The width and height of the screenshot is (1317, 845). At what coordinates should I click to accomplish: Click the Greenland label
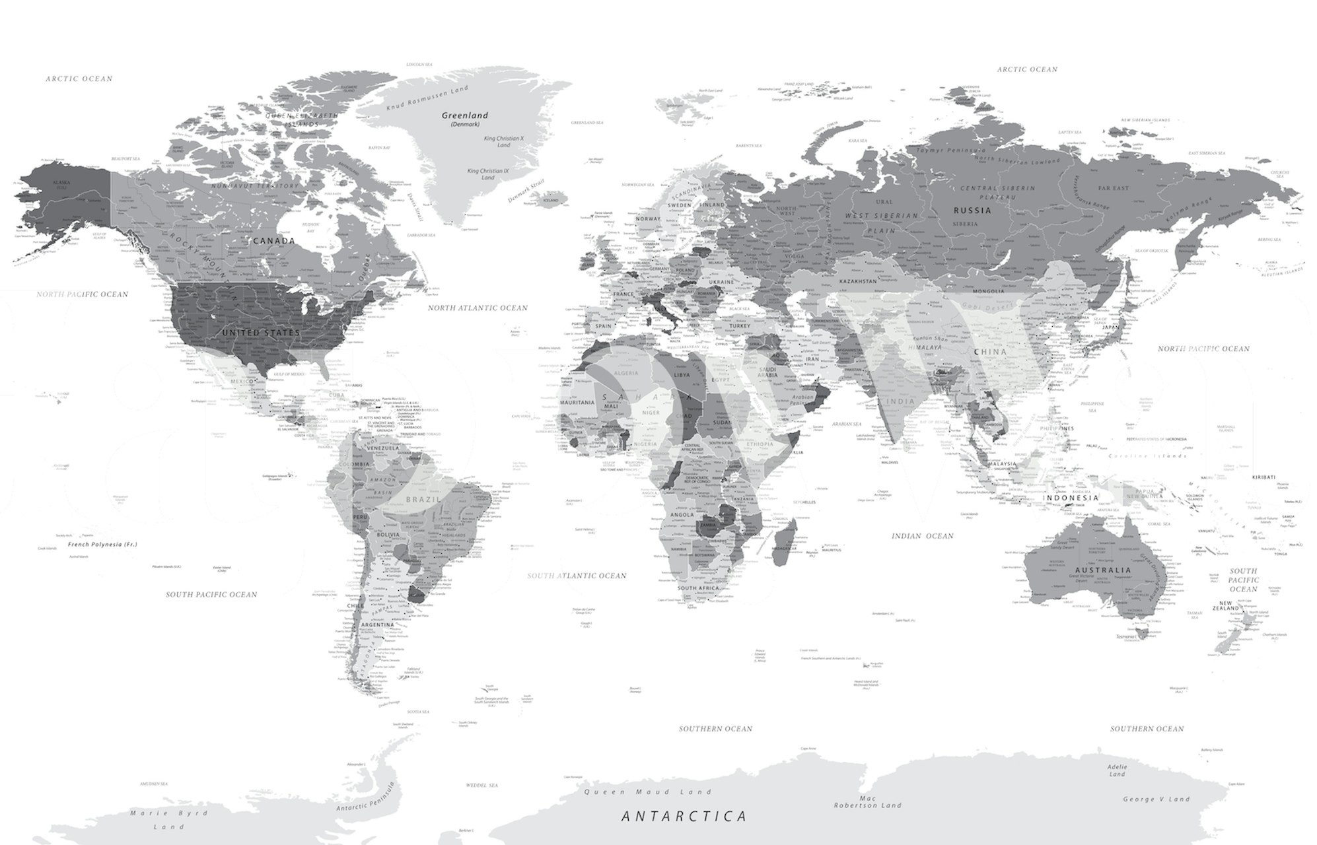(465, 116)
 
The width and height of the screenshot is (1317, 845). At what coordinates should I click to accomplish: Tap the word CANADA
(273, 241)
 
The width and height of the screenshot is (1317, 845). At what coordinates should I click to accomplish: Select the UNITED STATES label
(261, 333)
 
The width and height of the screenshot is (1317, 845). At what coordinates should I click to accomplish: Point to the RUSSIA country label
(972, 211)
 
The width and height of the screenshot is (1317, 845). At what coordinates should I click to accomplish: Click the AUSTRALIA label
(1103, 570)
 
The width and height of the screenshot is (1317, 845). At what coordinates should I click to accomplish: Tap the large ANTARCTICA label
(684, 816)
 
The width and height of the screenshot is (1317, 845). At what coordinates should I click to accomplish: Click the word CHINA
(989, 352)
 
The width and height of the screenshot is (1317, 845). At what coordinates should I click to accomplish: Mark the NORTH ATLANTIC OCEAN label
(478, 308)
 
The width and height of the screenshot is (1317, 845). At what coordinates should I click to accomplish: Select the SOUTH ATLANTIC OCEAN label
(577, 576)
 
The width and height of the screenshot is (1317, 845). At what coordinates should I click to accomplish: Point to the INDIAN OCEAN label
(923, 535)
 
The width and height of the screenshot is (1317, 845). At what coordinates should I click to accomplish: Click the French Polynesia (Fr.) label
(102, 545)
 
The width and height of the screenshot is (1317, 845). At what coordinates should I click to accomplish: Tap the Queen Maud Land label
(648, 792)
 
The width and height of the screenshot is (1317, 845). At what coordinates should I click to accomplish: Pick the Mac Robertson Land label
(867, 801)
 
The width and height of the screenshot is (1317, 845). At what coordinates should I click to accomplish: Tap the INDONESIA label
(1071, 498)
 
